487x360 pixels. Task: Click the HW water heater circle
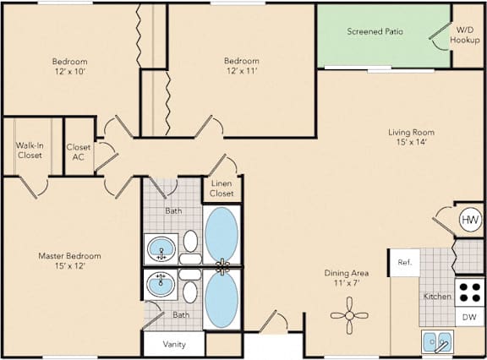tap(470, 220)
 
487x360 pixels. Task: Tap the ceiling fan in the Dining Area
tap(349, 315)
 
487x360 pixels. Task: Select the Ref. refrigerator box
tap(405, 263)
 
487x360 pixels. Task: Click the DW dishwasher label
tap(469, 317)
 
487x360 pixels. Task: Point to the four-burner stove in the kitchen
tap(469, 293)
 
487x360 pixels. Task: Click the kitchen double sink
tap(437, 341)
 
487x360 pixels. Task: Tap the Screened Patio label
tap(375, 31)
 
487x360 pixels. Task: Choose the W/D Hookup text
tap(465, 35)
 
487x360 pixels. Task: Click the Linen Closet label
tap(222, 188)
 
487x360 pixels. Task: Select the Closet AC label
tap(79, 152)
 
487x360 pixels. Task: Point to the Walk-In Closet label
tap(30, 150)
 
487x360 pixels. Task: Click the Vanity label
tap(174, 344)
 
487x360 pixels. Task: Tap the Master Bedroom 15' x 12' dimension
tap(70, 266)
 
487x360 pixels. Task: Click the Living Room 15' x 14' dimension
tap(411, 143)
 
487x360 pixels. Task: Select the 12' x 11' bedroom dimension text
tap(242, 71)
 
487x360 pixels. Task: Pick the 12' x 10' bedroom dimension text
tap(70, 72)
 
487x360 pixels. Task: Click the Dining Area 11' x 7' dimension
tap(347, 283)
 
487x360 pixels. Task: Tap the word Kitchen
tap(437, 297)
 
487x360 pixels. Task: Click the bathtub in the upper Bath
tap(222, 234)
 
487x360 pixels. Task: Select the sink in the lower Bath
tap(161, 284)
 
